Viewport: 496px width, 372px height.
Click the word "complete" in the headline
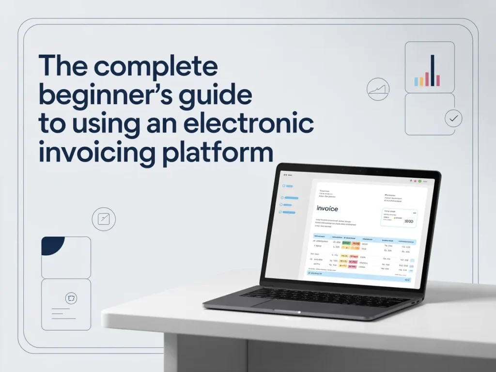point(156,66)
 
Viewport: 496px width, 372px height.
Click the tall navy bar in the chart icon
point(432,70)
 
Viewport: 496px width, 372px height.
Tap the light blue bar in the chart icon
point(416,82)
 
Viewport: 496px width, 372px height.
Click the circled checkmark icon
point(453,118)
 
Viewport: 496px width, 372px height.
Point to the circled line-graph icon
point(378,90)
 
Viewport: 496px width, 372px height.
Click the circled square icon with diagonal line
point(104,218)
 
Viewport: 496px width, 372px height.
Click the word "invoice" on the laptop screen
point(327,208)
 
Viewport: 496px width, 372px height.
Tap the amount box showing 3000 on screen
point(399,218)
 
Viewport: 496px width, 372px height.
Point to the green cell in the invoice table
point(346,243)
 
